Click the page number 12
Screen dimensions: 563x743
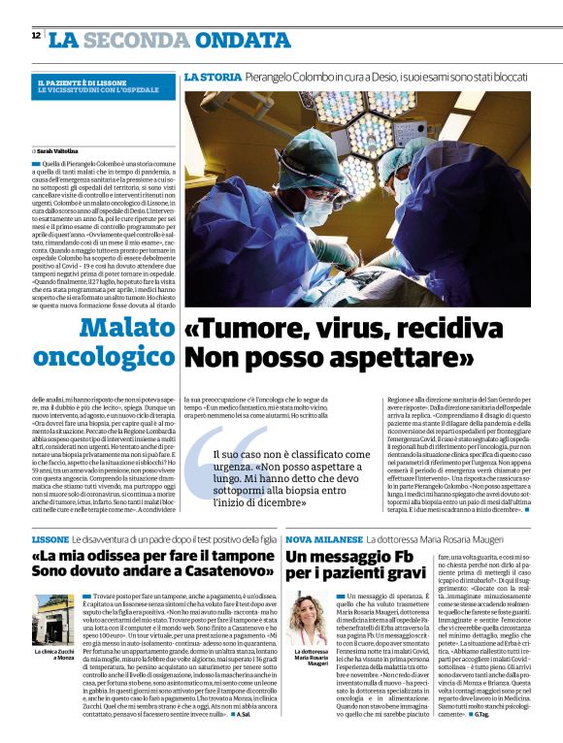point(36,35)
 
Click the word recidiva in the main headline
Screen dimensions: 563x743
point(456,330)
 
